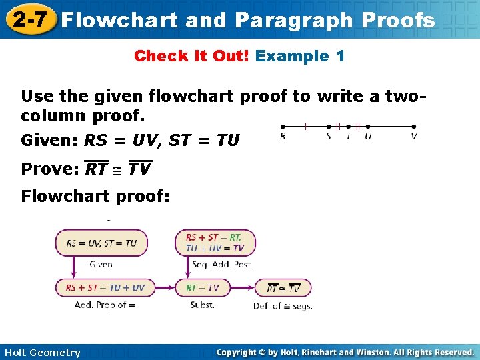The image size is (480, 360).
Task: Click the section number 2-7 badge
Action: pos(28,19)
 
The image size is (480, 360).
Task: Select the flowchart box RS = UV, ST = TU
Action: pos(101,243)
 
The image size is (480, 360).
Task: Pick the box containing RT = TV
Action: pos(203,288)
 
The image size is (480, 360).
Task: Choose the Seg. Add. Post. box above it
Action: pos(215,243)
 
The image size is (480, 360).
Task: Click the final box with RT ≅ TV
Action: pos(283,288)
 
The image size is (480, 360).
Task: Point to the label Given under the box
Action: pos(101,265)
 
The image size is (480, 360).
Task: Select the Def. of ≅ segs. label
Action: pos(283,306)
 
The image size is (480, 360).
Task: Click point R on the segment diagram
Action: pos(283,127)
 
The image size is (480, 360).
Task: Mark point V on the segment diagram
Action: pos(414,127)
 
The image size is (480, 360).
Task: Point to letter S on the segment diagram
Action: pos(328,136)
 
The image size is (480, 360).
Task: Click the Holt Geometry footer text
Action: pos(42,353)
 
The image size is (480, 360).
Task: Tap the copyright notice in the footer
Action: pos(345,352)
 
